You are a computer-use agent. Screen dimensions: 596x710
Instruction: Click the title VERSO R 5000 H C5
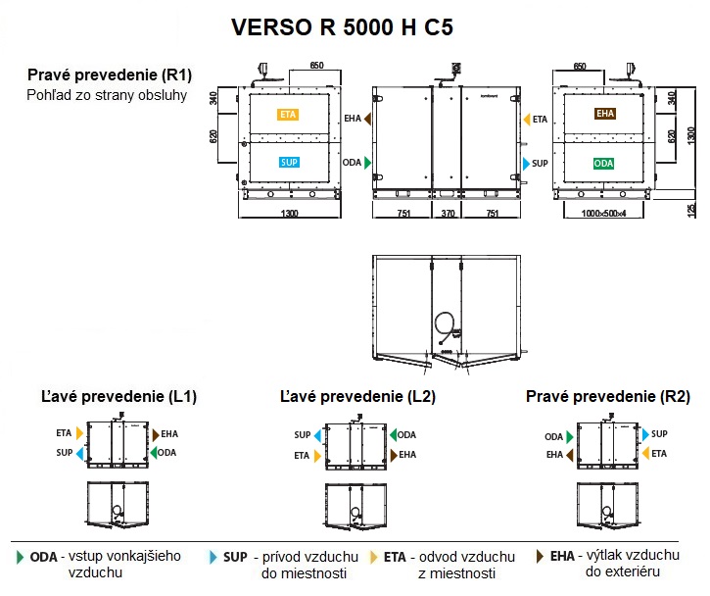pos(342,27)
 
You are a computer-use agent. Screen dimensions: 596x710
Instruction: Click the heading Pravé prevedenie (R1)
pos(110,75)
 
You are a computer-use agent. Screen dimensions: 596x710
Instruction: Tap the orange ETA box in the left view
pos(288,115)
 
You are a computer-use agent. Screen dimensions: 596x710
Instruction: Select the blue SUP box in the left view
pos(288,162)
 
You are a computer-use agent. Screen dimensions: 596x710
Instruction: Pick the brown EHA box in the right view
pos(604,115)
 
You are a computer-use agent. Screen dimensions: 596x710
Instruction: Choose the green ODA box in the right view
pos(604,163)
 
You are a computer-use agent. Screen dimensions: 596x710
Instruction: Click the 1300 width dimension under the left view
pos(289,213)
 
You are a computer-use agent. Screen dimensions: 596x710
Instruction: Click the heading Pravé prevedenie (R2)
pos(608,397)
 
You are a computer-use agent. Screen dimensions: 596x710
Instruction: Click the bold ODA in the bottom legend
pos(43,557)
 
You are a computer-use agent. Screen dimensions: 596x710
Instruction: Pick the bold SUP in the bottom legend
pos(234,557)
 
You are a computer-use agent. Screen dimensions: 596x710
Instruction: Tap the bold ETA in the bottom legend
pos(395,557)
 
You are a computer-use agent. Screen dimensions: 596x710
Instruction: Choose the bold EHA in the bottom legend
pos(562,557)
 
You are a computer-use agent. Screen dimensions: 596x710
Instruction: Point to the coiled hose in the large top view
pos(446,324)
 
